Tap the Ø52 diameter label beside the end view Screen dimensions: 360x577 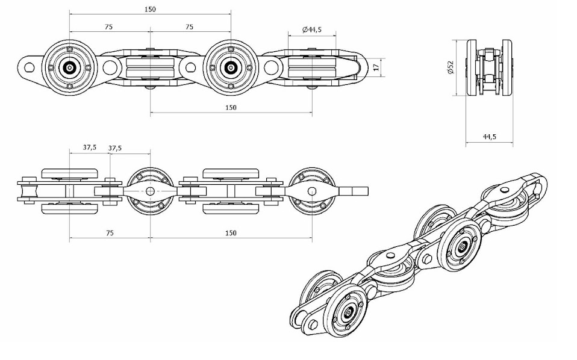[x=450, y=67]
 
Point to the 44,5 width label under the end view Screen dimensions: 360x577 [x=489, y=137]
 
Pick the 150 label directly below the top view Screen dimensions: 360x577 [x=231, y=107]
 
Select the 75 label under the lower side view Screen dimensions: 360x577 [x=109, y=232]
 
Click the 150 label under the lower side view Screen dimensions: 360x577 [x=231, y=232]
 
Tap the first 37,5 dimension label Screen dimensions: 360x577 [x=90, y=147]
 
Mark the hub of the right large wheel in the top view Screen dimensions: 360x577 [x=230, y=68]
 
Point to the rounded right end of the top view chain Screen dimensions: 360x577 [x=360, y=67]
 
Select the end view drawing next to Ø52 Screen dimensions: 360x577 [x=489, y=67]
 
